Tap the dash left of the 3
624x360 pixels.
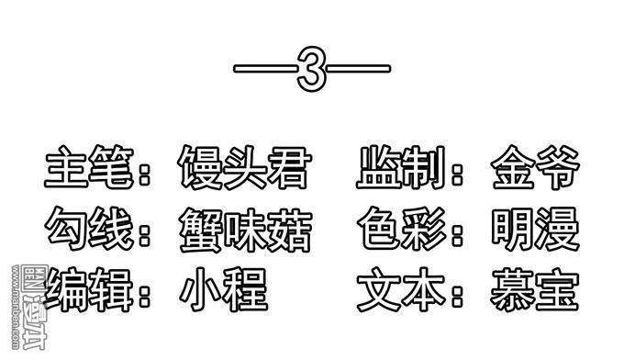[265, 70]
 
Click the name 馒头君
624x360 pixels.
[244, 169]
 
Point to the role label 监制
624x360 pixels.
[400, 169]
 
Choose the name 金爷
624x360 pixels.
[535, 169]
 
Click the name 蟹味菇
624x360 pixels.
[245, 230]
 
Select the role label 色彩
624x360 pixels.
[400, 230]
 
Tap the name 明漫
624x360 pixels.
[535, 230]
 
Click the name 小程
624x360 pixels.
[224, 288]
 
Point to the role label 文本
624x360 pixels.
[400, 288]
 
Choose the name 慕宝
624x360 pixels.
[535, 288]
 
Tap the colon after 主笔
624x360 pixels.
[145, 173]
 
